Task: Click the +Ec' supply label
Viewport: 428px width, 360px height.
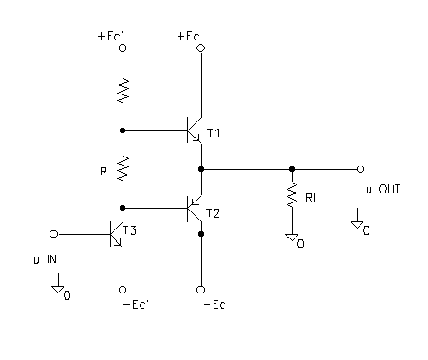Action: (111, 36)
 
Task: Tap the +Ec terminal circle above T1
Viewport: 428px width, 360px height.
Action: (201, 48)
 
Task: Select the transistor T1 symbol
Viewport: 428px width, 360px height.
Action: (195, 130)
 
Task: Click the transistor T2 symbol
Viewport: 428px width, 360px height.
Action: (195, 209)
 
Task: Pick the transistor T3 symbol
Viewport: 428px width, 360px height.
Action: (116, 234)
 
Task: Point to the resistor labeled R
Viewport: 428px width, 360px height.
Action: (123, 168)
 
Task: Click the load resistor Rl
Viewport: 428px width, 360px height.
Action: (292, 194)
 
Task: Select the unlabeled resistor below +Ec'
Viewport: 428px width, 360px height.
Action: (123, 91)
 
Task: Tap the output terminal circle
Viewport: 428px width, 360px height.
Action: (360, 169)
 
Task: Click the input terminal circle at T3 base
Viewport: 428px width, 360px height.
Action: (53, 234)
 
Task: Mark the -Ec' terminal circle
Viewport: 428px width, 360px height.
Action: (123, 290)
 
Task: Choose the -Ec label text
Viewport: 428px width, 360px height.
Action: (214, 305)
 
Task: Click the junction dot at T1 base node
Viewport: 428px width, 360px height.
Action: (123, 130)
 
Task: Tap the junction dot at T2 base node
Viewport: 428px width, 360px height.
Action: (123, 208)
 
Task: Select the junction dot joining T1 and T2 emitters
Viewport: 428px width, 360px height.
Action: (201, 169)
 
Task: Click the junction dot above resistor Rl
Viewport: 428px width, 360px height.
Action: (292, 169)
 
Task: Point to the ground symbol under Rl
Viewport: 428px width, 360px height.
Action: (292, 238)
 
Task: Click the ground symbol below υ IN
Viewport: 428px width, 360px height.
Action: (58, 290)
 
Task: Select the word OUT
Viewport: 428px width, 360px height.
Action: (389, 189)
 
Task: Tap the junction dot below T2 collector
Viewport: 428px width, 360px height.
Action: (201, 234)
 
